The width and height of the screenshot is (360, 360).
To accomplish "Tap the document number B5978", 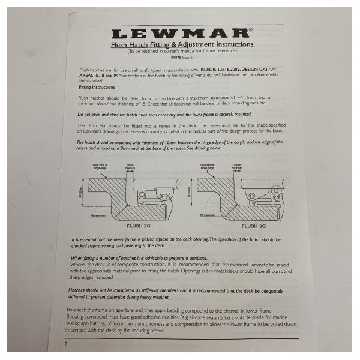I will [172, 60].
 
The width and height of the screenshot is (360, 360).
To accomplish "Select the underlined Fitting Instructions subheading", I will [99, 87].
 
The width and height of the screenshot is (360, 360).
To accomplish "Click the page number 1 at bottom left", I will [66, 344].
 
